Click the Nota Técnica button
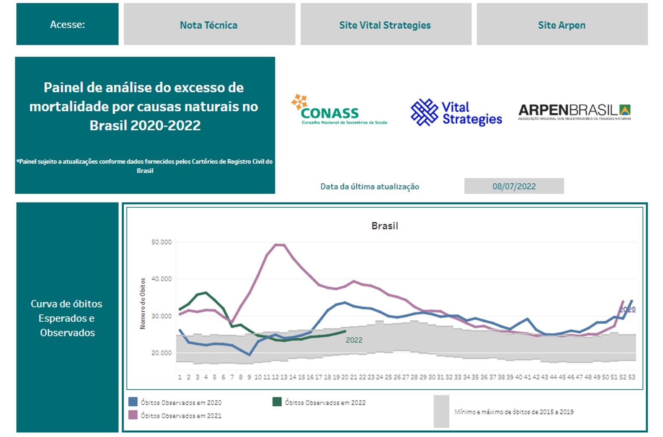[x=209, y=25]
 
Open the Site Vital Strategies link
[x=385, y=25]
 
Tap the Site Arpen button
[x=562, y=25]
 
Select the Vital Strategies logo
[x=456, y=112]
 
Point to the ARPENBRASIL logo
[x=574, y=112]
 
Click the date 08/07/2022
[x=514, y=186]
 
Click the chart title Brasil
[x=385, y=226]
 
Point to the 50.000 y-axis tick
[x=161, y=242]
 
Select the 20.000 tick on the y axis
[x=161, y=353]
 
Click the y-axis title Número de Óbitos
[x=143, y=303]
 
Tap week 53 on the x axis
[x=632, y=377]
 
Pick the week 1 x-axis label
[x=179, y=377]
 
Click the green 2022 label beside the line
[x=354, y=340]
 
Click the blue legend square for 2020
[x=133, y=402]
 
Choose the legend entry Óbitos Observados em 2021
[x=181, y=416]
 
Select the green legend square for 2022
[x=277, y=402]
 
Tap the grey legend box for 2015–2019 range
[x=441, y=411]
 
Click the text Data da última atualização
[x=369, y=187]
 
